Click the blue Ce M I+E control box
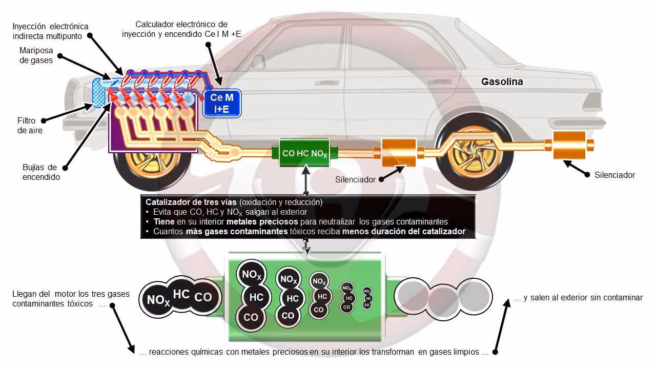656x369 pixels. coord(222,102)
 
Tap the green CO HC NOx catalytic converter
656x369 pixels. coord(304,152)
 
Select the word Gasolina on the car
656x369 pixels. coord(502,81)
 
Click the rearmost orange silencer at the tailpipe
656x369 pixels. coord(569,145)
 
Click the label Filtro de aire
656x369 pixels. coord(26,126)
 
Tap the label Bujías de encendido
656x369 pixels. coord(40,172)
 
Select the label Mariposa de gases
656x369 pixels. coord(36,55)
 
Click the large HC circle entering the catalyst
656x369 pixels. coord(181,294)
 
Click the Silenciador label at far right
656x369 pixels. coord(614,175)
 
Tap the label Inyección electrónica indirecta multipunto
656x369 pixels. coord(50,31)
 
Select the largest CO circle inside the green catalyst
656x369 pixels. coord(251,317)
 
